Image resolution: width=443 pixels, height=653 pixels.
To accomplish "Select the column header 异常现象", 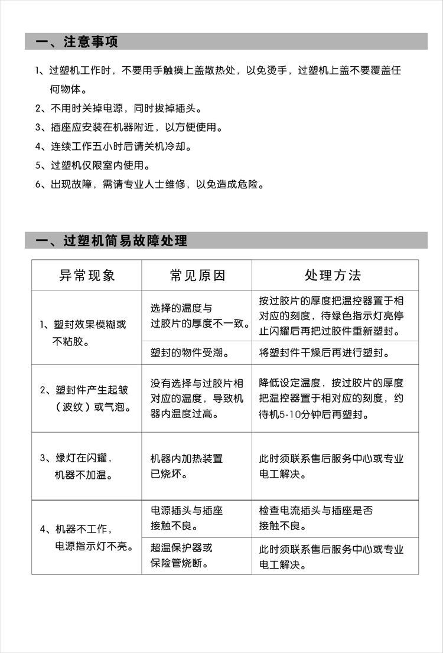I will click(87, 275).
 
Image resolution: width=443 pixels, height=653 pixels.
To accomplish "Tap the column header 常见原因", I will click(197, 275).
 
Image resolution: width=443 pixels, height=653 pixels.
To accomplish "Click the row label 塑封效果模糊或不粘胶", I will click(83, 332).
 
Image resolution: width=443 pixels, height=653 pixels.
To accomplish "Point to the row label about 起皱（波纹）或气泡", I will click(86, 399).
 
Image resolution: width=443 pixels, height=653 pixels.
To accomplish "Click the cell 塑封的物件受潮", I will click(190, 353).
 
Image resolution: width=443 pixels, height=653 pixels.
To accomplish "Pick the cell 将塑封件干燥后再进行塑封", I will click(324, 353).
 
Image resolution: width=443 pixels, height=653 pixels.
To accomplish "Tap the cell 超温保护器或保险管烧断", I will click(182, 556).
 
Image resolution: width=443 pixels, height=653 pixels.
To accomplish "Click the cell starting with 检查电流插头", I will click(316, 518).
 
